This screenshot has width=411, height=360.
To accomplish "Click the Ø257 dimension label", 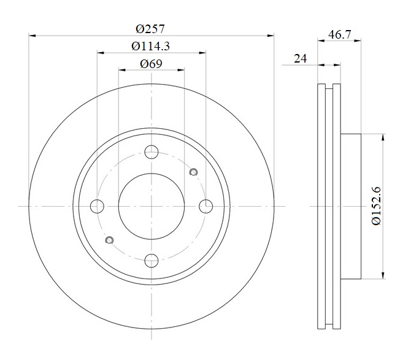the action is (x=150, y=29).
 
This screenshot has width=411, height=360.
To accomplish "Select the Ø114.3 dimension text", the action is (x=151, y=47).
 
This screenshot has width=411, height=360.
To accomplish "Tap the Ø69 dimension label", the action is (x=152, y=64).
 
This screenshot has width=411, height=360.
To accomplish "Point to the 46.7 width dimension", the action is (x=339, y=34).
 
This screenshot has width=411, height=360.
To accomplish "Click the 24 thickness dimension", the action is (x=301, y=58).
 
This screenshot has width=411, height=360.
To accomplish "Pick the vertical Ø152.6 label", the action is (x=376, y=205).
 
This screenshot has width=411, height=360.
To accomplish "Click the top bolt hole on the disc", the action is (x=152, y=152).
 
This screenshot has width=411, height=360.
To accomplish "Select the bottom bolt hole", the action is (x=152, y=261).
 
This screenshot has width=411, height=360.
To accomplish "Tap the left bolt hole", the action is (x=97, y=206).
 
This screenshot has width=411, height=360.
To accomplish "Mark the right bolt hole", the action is (x=205, y=206).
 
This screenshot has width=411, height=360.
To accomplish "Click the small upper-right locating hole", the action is (x=193, y=172).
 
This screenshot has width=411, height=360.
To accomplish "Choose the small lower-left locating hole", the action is (x=109, y=240).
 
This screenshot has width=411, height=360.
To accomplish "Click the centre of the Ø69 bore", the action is (x=152, y=206).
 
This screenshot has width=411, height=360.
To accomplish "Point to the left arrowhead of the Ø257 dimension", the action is (x=32, y=36).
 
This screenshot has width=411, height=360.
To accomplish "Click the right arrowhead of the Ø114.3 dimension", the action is (x=202, y=53).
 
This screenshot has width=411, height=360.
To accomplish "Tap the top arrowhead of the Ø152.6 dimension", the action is (x=383, y=137).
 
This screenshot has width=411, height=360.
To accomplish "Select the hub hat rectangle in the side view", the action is (x=351, y=206).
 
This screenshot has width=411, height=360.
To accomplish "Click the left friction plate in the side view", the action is (x=321, y=206).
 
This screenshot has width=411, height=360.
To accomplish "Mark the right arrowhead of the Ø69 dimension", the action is (x=181, y=70).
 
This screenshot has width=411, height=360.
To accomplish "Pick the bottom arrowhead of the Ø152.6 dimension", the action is (x=383, y=275).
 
